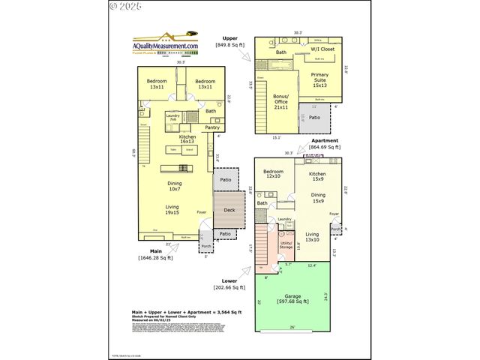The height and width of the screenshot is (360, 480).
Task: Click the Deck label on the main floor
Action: (229, 210)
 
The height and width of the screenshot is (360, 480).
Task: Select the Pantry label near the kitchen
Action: (202, 127)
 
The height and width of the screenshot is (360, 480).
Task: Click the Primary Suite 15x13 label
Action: (319, 80)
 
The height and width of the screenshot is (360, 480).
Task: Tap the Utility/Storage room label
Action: (286, 245)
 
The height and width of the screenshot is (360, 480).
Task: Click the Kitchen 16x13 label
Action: (187, 139)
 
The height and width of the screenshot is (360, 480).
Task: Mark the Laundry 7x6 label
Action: (172, 117)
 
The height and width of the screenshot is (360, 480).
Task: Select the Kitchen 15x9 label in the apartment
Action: (318, 176)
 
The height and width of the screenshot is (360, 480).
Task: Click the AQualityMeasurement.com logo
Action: (166, 46)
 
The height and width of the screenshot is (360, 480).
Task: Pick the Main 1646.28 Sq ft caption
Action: (154, 255)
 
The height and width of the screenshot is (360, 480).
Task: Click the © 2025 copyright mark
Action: (125, 6)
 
